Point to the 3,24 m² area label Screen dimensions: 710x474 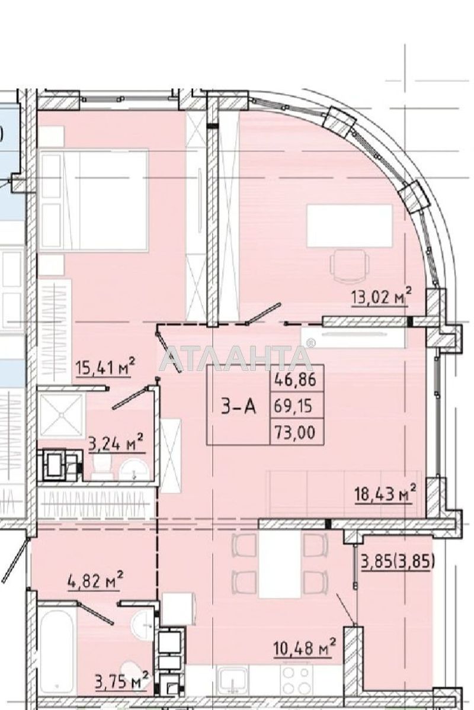[x=116, y=443]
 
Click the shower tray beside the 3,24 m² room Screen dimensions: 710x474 [x=59, y=415]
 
